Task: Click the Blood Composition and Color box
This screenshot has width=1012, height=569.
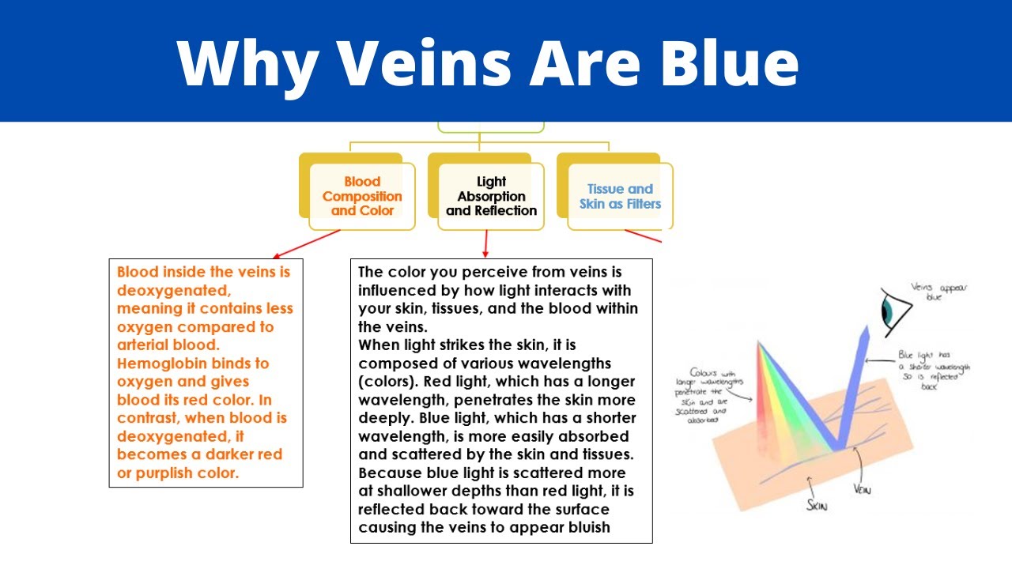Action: [x=361, y=196]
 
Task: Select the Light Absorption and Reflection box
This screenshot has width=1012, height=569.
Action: [x=491, y=196]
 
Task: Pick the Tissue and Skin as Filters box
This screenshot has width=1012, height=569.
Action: [x=620, y=196]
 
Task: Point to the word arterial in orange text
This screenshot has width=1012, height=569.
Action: [x=145, y=345]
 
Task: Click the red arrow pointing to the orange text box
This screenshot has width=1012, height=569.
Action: [x=305, y=244]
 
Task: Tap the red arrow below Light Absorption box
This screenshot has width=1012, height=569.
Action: [x=486, y=242]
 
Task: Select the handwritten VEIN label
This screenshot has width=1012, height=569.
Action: [x=862, y=489]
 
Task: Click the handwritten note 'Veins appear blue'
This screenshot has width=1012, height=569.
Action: [x=939, y=292]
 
